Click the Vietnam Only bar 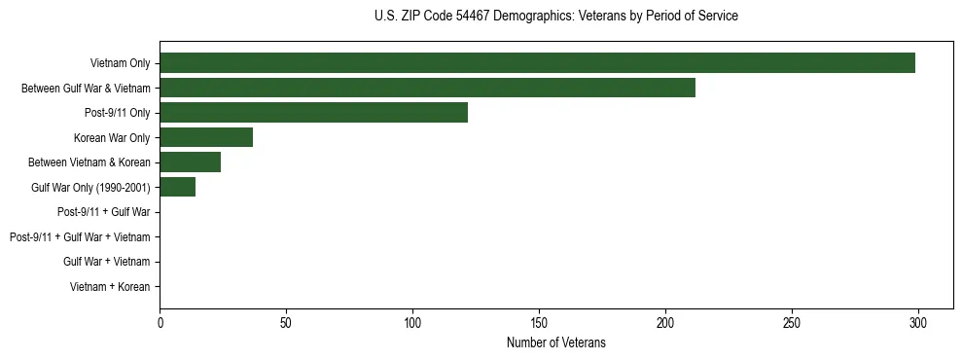[537, 63]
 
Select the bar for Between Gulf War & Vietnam [427, 88]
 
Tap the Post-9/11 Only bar [313, 113]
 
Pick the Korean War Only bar [206, 137]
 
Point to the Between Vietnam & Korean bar [190, 162]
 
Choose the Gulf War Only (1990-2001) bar [177, 187]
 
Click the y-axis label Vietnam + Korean [110, 287]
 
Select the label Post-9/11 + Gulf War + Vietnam [80, 237]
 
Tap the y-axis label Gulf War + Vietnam [107, 262]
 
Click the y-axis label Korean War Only [112, 138]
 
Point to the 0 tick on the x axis [160, 322]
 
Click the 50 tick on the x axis [286, 322]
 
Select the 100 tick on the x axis [412, 322]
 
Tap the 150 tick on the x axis [539, 322]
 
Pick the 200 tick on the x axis [665, 322]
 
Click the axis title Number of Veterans [555, 342]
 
